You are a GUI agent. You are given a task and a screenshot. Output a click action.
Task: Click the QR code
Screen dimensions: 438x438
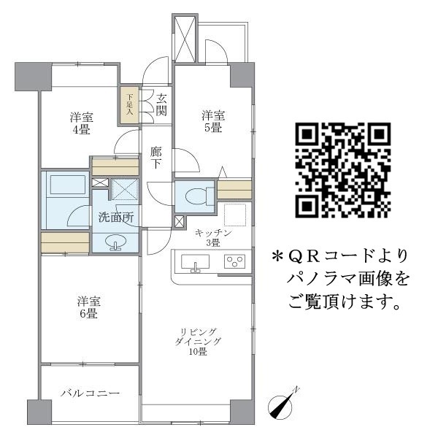(x=342, y=171)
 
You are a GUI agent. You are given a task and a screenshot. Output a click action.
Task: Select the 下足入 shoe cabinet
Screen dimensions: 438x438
(x=129, y=104)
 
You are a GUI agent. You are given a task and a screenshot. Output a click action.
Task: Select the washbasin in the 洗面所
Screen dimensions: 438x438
(x=115, y=242)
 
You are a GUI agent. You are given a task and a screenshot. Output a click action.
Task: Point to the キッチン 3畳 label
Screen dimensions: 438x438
(x=214, y=237)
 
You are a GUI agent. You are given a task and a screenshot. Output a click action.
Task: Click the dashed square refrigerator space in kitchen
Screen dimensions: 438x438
(x=235, y=216)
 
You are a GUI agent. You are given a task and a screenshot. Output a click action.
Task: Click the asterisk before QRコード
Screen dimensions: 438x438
(x=277, y=257)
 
